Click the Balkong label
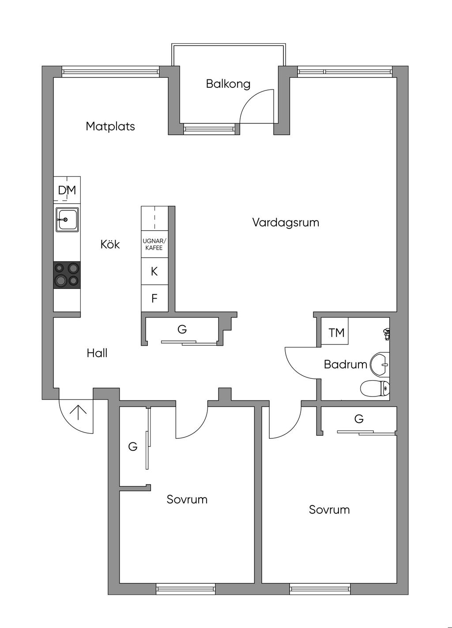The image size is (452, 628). (x=228, y=84)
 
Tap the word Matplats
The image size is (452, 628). (x=110, y=127)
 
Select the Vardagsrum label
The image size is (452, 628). (x=286, y=223)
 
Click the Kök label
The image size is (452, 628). (x=110, y=244)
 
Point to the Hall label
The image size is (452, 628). (x=97, y=353)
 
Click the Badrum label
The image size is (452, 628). (x=346, y=364)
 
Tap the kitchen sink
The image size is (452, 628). (x=67, y=220)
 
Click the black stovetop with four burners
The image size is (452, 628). (x=67, y=275)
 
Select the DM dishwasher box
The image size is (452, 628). (x=67, y=190)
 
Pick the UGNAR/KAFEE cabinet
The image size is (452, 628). (x=154, y=244)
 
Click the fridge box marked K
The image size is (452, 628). (x=154, y=271)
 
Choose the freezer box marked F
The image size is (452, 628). (x=154, y=298)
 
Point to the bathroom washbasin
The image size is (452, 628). (x=380, y=365)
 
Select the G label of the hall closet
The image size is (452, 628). (x=182, y=329)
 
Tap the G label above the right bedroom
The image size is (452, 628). (x=359, y=419)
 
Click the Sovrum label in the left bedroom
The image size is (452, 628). (x=187, y=499)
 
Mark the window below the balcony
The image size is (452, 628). (x=209, y=129)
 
